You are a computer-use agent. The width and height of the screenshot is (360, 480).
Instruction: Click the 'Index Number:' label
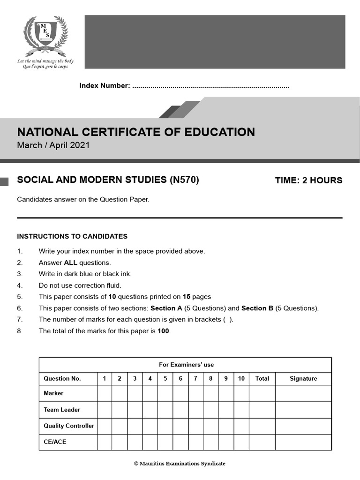coord(104,86)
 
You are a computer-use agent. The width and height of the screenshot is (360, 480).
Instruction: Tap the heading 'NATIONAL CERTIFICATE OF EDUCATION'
coord(136,132)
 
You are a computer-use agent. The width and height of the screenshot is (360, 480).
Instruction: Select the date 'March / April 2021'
coord(53,145)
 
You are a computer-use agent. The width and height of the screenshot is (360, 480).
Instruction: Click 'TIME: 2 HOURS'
coord(308,180)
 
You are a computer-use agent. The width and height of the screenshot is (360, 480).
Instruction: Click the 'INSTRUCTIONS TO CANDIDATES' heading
coord(72,236)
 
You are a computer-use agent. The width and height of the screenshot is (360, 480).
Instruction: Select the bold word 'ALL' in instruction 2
coord(70,262)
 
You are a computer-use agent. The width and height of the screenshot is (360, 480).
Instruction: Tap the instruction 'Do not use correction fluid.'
coord(80,285)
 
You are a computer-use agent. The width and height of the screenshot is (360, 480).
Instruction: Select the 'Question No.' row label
coord(62,378)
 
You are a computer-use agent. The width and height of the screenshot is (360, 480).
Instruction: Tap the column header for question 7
coord(195,378)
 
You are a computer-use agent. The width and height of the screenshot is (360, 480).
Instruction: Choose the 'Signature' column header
coord(303,378)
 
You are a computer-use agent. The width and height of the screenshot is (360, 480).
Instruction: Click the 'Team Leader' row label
coord(62,410)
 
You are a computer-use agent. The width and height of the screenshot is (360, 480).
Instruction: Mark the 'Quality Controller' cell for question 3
coord(135,426)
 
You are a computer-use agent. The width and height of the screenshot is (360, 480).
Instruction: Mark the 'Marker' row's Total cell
coord(262,393)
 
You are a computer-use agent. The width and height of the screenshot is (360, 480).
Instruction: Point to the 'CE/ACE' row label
coord(55,442)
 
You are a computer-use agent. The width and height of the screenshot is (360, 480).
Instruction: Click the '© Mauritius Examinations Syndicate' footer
coord(180,464)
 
